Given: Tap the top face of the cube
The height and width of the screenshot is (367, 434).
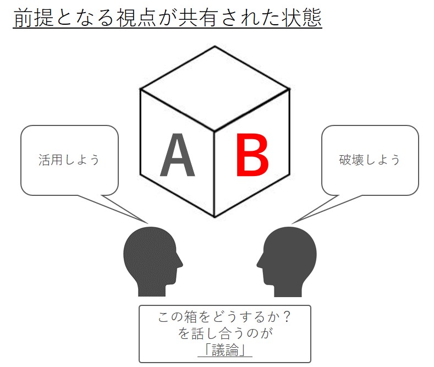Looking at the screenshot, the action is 215,88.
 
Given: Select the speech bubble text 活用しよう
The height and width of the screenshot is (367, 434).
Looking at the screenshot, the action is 69,160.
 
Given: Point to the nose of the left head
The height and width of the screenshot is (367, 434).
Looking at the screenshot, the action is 179,261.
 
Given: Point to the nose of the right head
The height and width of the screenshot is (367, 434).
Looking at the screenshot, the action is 258,262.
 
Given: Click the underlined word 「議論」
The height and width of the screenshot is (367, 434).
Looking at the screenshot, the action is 224,350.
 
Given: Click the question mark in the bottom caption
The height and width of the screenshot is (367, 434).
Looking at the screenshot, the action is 285,318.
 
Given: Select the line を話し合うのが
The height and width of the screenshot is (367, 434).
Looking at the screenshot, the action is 226,334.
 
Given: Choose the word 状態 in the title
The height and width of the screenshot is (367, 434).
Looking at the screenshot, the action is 303,19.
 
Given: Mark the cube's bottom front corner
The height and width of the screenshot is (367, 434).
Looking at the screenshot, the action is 214,217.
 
